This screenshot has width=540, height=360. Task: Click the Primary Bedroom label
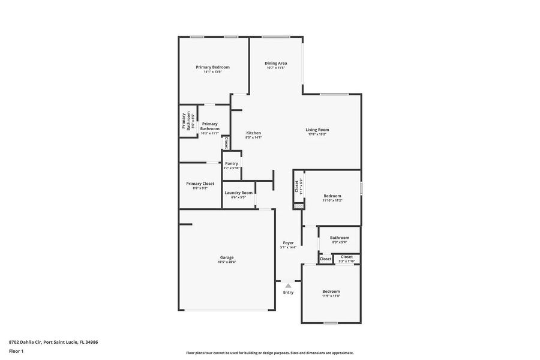click(212, 67)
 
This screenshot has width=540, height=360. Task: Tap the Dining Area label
click(275, 63)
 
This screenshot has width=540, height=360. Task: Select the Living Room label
click(317, 130)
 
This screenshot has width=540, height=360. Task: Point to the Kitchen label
click(253, 133)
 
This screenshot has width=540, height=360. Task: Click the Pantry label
click(231, 163)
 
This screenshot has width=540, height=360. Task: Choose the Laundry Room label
click(238, 193)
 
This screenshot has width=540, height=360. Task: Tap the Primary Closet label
click(200, 184)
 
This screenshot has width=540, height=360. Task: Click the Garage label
click(226, 257)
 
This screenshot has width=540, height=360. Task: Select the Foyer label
click(288, 243)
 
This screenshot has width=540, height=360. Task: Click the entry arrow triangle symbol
click(288, 286)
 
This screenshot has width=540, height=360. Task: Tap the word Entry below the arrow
click(288, 293)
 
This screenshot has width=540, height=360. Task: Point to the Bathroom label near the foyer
click(339, 238)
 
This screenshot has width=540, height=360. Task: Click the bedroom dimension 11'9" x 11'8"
click(331, 296)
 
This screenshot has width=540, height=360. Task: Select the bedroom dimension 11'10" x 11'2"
click(332, 200)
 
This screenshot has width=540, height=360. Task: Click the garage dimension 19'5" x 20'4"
click(226, 262)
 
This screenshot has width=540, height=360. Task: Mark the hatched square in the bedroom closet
click(298, 206)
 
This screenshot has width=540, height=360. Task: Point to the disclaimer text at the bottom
click(269, 353)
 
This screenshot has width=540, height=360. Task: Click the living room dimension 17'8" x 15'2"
click(317, 134)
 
